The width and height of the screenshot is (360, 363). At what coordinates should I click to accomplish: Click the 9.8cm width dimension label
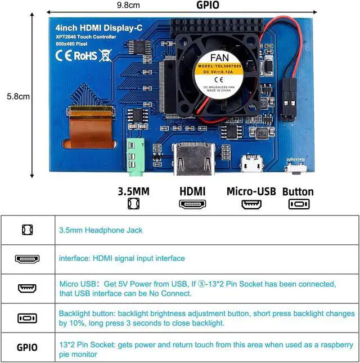[128, 5]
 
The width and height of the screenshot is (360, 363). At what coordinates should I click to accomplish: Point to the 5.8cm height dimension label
[18, 96]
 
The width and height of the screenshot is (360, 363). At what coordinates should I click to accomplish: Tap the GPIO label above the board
[208, 5]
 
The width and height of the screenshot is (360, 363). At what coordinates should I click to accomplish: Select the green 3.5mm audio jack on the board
[133, 153]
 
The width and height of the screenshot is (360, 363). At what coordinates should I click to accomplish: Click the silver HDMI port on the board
[193, 159]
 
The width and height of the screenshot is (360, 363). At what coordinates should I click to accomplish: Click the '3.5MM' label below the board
[133, 191]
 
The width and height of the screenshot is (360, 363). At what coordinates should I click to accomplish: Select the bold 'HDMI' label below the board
[192, 191]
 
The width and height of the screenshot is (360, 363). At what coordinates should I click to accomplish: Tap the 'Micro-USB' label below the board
[251, 191]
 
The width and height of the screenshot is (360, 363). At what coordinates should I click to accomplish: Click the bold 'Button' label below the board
[298, 191]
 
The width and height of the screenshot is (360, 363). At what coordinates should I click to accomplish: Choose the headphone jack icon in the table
[27, 230]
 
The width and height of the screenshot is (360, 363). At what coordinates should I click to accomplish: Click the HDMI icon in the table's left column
[27, 259]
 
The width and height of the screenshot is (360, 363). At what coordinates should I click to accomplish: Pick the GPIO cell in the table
[27, 347]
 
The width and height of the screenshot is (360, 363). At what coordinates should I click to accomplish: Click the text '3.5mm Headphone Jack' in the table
[101, 230]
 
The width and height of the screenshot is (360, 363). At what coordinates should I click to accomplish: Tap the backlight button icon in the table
[27, 318]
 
